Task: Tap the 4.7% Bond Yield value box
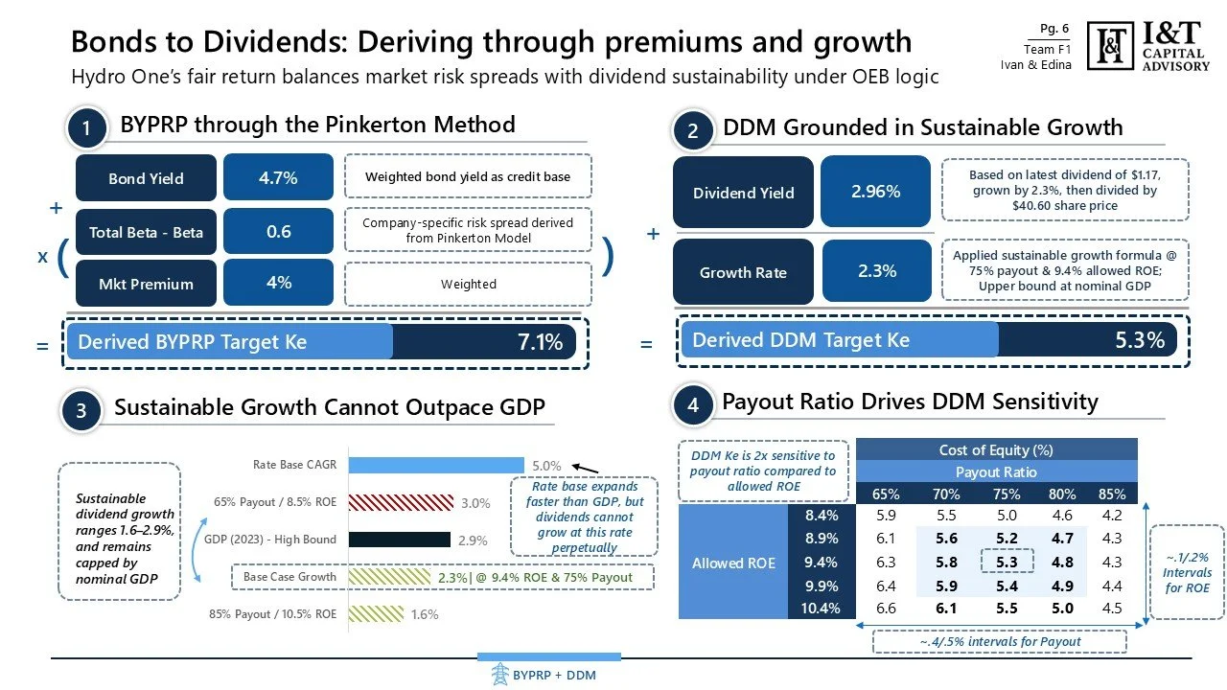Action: click(278, 177)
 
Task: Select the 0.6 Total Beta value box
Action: click(278, 231)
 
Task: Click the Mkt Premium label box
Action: click(146, 284)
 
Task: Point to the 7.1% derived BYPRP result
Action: click(540, 341)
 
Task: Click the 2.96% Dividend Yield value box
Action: click(875, 192)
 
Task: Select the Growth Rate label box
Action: click(743, 272)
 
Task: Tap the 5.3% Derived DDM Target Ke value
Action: click(1140, 340)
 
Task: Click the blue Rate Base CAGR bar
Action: click(436, 465)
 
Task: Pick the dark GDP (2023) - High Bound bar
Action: click(400, 540)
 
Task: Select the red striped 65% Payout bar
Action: click(400, 502)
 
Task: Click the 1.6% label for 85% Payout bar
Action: click(425, 614)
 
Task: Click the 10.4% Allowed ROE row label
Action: click(822, 608)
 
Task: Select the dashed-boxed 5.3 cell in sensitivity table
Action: click(1007, 562)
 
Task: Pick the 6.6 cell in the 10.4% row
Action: click(886, 608)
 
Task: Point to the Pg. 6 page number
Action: click(1054, 29)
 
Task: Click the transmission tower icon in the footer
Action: click(498, 675)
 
